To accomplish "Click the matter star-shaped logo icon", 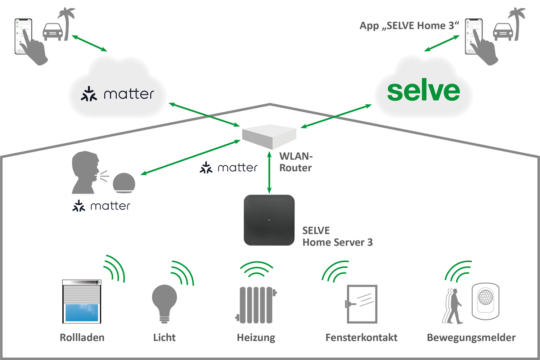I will pos(89,94).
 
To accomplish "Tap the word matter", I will pos(129,94).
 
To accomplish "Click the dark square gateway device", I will pos(269,220).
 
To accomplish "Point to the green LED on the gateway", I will pos(269,220).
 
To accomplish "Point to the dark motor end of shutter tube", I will pos(98,283).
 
